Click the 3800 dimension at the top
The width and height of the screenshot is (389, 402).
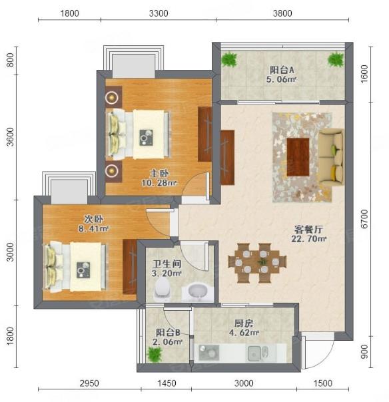click(x=282, y=13)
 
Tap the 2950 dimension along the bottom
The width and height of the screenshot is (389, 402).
click(x=89, y=383)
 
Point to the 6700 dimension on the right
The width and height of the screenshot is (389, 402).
click(x=364, y=219)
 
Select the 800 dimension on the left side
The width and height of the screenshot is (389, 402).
click(x=10, y=60)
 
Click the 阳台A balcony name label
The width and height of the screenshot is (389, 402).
click(x=282, y=70)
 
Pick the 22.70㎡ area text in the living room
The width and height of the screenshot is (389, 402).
click(x=308, y=239)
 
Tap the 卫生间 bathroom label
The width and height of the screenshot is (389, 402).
click(x=167, y=264)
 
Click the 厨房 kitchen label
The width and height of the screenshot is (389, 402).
click(x=244, y=323)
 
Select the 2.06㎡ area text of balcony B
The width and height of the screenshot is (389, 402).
click(x=167, y=341)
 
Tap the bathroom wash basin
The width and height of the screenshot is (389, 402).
click(x=198, y=292)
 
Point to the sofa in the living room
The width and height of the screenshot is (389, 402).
click(x=331, y=157)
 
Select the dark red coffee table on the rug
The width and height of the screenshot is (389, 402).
click(x=298, y=157)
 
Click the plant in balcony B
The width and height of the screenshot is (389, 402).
click(x=155, y=355)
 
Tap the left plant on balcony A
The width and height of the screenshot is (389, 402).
click(x=229, y=59)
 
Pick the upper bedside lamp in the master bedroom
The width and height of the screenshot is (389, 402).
click(x=112, y=97)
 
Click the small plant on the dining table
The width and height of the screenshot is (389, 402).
click(x=262, y=262)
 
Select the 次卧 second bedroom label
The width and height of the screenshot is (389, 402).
click(x=94, y=219)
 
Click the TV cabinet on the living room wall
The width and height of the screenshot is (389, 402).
click(x=227, y=158)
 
